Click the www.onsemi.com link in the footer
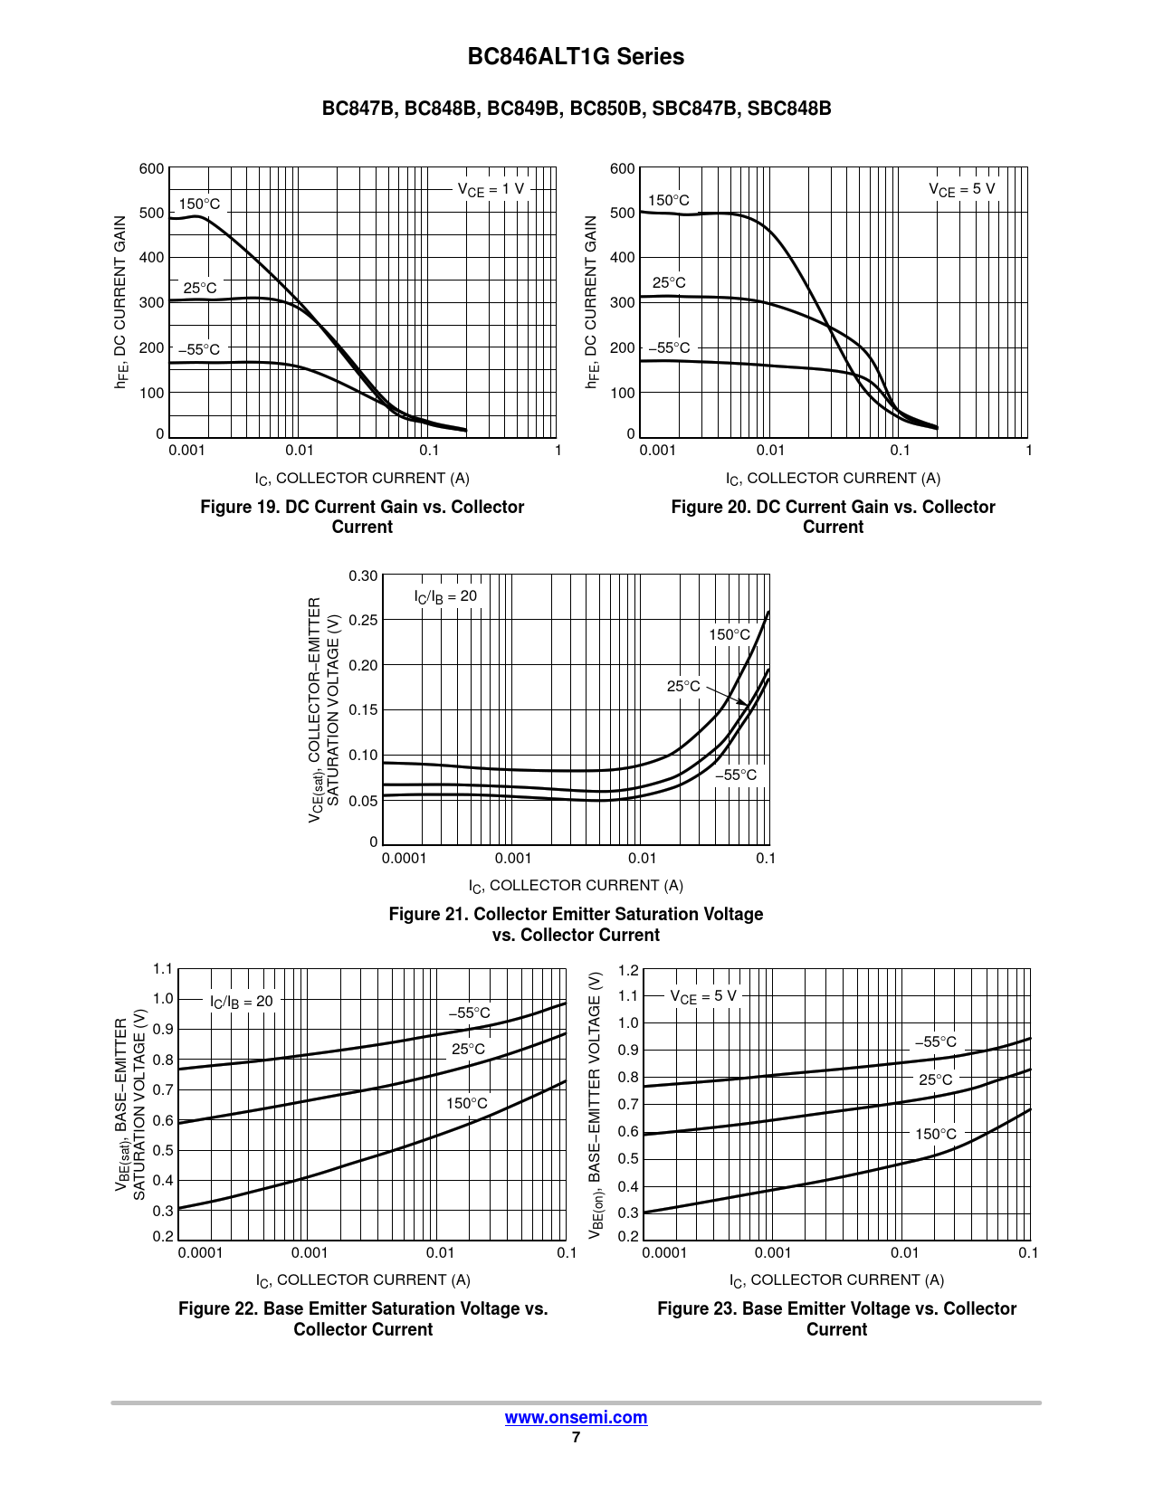coord(576,1417)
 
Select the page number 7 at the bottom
coord(576,1437)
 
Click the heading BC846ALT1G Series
coord(576,57)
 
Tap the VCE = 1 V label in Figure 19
coord(491,189)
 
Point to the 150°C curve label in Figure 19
coord(199,204)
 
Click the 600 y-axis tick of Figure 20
coord(623,168)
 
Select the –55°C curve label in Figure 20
coord(669,347)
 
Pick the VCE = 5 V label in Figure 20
coord(961,189)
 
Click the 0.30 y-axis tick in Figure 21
coord(363,575)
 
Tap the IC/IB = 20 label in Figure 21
coord(445,596)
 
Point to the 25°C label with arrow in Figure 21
coord(683,686)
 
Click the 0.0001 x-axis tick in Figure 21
coord(404,858)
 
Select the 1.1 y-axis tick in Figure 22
coord(163,969)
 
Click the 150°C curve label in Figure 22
coord(467,1103)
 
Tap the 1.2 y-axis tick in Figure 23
coord(628,970)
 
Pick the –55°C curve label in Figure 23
coord(935,1041)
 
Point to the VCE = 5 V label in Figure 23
coord(703,996)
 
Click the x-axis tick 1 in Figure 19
coord(558,450)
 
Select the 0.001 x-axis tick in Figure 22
coord(310,1252)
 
